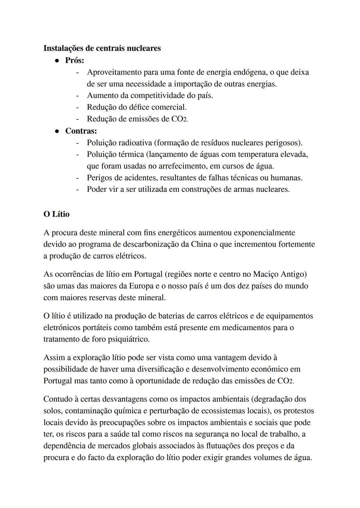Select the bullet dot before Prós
pos(57,61)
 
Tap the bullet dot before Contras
pos(57,131)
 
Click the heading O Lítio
pos(56,214)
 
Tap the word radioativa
pos(134,143)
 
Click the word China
pos(201,244)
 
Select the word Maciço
pos(266,274)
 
